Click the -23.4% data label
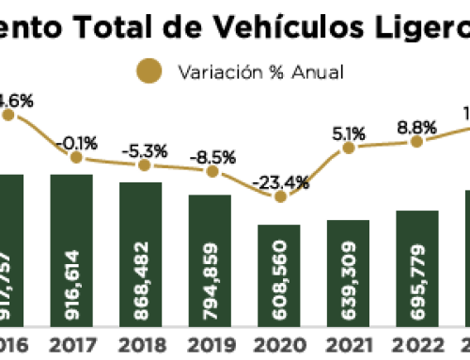279,181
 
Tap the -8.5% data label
211,155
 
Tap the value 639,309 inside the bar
348,283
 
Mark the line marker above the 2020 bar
279,196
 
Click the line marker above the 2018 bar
144,164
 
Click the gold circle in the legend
148,70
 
